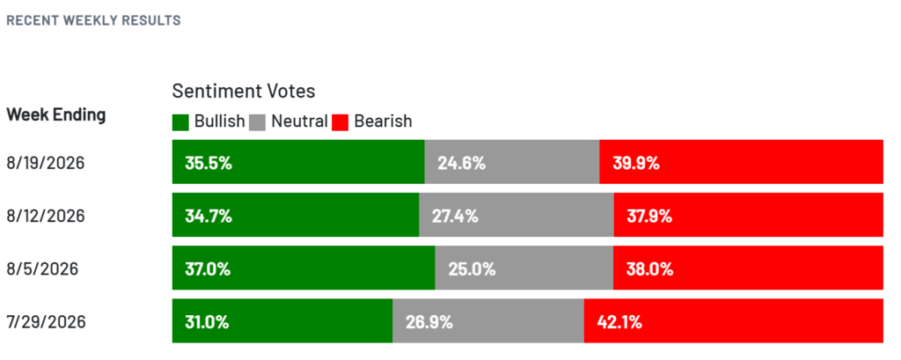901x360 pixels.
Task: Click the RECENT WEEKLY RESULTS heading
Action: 93,21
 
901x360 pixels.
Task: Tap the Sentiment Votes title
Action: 245,91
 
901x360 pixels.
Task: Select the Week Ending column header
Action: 56,115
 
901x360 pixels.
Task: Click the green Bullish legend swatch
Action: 180,122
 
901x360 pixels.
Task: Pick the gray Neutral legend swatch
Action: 258,122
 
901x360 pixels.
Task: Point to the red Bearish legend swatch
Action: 341,122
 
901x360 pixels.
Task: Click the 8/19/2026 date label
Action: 46,164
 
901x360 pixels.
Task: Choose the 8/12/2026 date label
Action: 46,217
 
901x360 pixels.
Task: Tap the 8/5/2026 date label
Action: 42,269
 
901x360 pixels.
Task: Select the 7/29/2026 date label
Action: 46,322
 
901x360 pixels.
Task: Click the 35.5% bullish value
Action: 209,164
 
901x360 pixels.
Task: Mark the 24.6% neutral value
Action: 461,164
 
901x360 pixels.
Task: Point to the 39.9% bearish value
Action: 635,164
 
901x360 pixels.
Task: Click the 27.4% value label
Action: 455,217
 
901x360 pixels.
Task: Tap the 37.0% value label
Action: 208,269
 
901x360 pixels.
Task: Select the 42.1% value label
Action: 619,322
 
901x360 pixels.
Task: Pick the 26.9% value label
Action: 429,322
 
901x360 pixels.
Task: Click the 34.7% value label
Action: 208,217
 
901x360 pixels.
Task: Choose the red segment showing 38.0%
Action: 748,268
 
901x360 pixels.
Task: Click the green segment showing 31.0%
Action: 282,321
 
